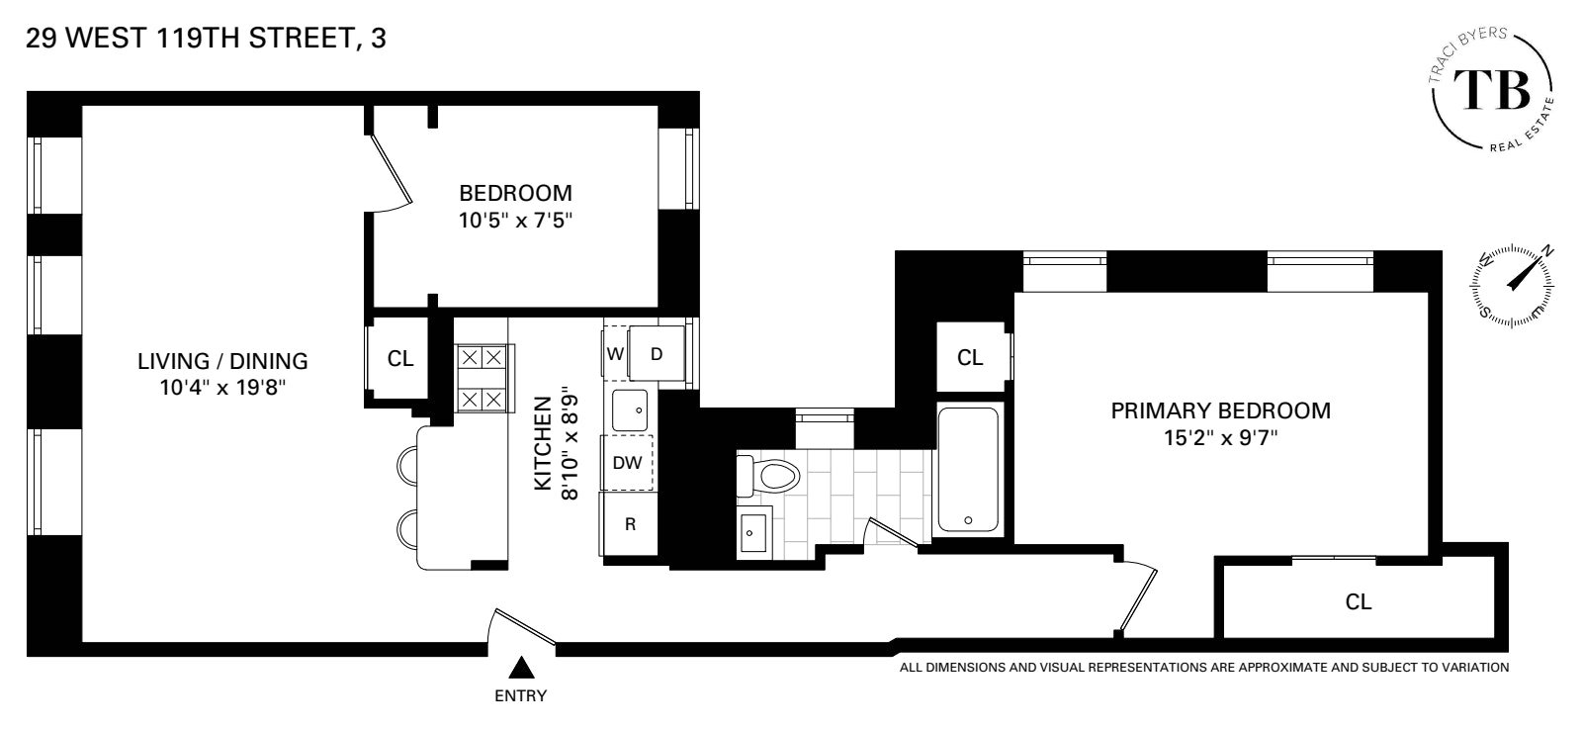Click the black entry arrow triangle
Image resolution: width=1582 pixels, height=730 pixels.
point(520,669)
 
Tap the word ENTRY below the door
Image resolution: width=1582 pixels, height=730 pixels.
point(520,695)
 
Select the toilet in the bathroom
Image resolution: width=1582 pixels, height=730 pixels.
point(768,478)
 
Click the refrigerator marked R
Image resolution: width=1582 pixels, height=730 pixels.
point(629,523)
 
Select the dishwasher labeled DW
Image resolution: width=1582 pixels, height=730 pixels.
point(628,462)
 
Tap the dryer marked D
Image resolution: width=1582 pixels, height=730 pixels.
point(658,354)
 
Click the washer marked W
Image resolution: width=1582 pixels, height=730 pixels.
point(615,354)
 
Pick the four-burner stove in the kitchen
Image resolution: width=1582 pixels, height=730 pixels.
point(482,378)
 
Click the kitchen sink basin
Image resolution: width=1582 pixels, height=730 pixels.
point(629,410)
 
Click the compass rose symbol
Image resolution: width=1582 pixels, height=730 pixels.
point(1514,285)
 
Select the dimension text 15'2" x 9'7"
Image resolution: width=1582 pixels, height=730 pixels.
point(1220,438)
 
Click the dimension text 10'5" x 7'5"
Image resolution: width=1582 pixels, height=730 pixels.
point(515,221)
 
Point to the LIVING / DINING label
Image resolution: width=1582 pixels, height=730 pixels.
point(222,361)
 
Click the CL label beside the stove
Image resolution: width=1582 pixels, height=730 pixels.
point(400,358)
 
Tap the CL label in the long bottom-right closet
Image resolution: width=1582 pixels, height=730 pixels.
point(1359,601)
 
